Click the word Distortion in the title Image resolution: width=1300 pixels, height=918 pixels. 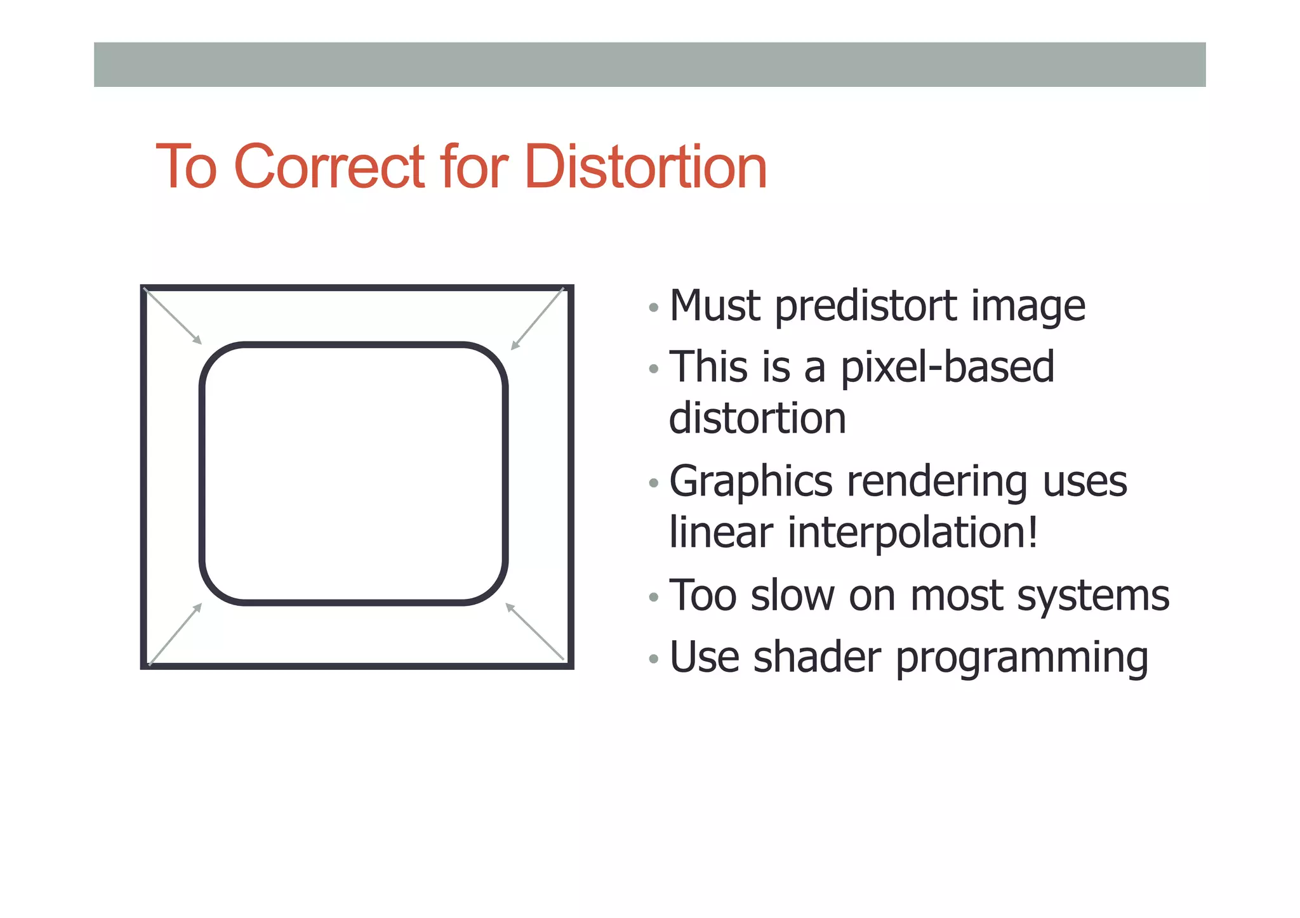pos(646,167)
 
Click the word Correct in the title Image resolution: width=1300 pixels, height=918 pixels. pos(329,167)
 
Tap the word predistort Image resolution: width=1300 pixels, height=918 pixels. pos(866,307)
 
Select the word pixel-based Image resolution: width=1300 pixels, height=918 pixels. pos(947,367)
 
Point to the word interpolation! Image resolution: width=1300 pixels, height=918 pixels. pos(913,533)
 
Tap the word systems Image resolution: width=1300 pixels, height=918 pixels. pos(1092,597)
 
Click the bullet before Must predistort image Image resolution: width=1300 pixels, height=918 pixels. pos(654,309)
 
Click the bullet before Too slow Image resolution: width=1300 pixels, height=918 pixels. pos(654,598)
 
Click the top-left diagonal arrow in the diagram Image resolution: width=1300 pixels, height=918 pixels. pos(173,317)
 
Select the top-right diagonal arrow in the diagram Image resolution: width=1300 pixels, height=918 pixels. pos(538,319)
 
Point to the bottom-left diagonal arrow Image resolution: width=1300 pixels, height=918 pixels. pos(175,634)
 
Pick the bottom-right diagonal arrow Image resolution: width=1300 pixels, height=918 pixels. pos(535,632)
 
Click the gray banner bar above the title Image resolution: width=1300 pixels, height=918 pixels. pos(649,65)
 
